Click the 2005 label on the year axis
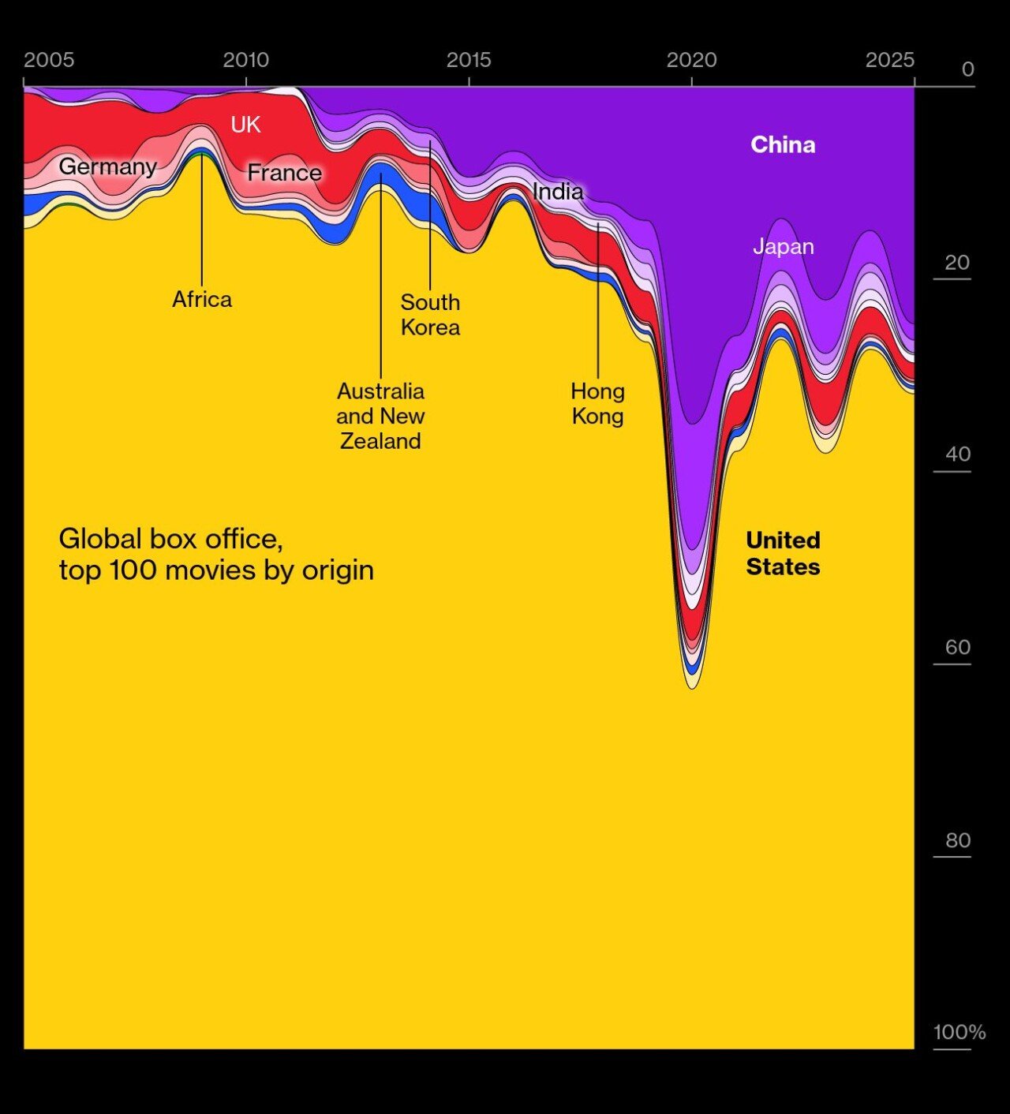pyautogui.click(x=49, y=60)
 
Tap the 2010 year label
pyautogui.click(x=245, y=60)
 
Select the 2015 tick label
pyautogui.click(x=469, y=60)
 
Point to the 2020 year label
pyautogui.click(x=691, y=60)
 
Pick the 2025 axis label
pyautogui.click(x=889, y=60)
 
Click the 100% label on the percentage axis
pyautogui.click(x=959, y=1032)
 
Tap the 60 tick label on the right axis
pyautogui.click(x=958, y=648)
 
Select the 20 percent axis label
pyautogui.click(x=957, y=263)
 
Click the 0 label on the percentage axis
pyautogui.click(x=968, y=69)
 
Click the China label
pyautogui.click(x=783, y=144)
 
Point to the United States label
pyautogui.click(x=783, y=553)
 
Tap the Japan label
pyautogui.click(x=783, y=246)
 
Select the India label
pyautogui.click(x=558, y=191)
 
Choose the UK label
pyautogui.click(x=245, y=125)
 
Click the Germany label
pyautogui.click(x=107, y=166)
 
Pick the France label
pyautogui.click(x=284, y=173)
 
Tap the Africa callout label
pyautogui.click(x=202, y=299)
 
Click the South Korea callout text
pyautogui.click(x=430, y=314)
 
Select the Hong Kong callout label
pyautogui.click(x=597, y=403)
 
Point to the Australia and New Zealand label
pyautogui.click(x=380, y=416)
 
